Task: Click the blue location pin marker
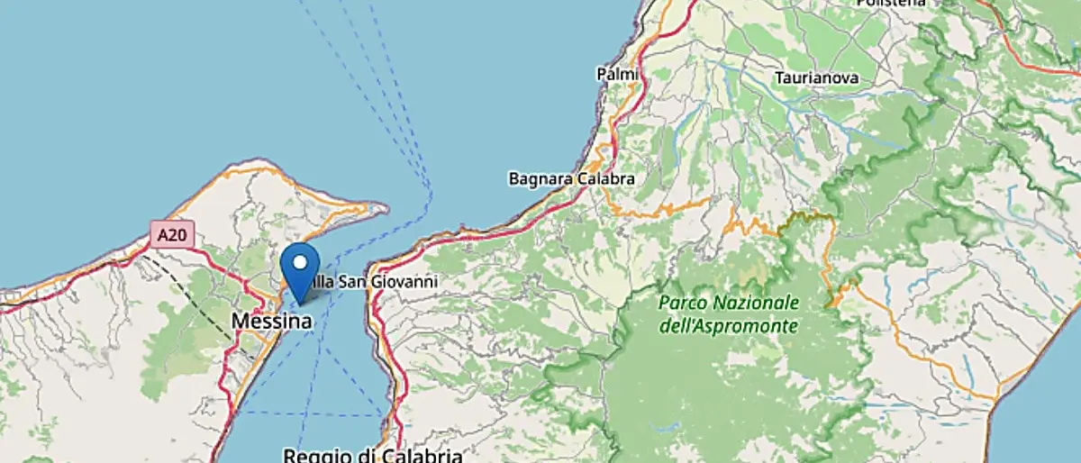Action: click(x=300, y=271)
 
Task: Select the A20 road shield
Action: click(x=170, y=236)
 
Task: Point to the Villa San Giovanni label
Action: click(x=371, y=282)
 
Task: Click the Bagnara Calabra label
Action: click(x=571, y=178)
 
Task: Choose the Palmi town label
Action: click(x=617, y=73)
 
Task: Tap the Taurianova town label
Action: click(x=817, y=78)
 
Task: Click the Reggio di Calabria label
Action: click(x=372, y=455)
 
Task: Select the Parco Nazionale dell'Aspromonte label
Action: click(x=728, y=313)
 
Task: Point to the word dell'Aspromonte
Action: click(x=728, y=325)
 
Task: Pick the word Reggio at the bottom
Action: click(x=316, y=455)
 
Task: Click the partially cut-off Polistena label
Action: click(x=890, y=4)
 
